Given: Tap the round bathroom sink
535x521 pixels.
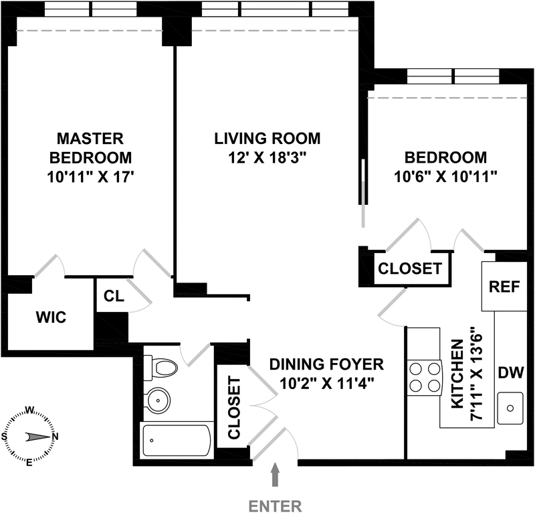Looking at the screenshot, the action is (158, 400).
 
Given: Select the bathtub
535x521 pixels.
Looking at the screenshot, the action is (176, 441).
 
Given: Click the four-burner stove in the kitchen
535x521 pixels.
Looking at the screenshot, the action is (425, 378).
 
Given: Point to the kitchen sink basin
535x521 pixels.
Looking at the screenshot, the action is (510, 408).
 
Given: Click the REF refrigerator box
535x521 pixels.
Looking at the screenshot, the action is (504, 287).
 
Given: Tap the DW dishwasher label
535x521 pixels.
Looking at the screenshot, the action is (511, 372).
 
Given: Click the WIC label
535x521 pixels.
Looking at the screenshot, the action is (51, 317).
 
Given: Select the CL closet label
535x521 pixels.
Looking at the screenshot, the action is (114, 296).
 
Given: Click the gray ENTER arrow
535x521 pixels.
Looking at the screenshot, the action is (275, 474).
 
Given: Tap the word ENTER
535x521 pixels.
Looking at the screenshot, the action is (275, 506).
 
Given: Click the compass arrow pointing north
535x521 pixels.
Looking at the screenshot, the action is (38, 437).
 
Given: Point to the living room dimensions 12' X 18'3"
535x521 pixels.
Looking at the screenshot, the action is (267, 158).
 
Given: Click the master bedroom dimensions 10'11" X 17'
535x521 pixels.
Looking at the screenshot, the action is (90, 177).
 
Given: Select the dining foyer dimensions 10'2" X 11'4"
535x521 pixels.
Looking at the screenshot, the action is (326, 384).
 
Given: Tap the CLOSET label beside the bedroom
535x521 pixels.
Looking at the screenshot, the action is (410, 269).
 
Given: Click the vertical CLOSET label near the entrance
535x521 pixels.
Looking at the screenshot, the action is (234, 408).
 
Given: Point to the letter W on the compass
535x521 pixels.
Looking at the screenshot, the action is (29, 410).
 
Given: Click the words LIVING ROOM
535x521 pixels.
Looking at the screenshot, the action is (267, 139).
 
